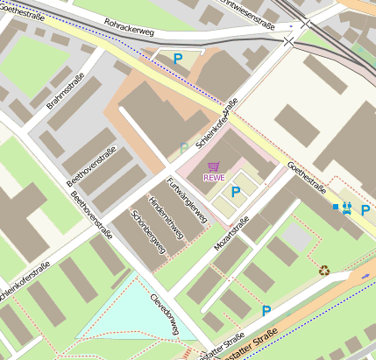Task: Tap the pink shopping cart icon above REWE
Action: coord(213,166)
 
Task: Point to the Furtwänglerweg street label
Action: coord(187,201)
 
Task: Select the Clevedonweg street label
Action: coord(163,310)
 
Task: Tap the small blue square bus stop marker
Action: coord(336,207)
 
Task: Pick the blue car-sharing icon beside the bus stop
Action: coord(348,208)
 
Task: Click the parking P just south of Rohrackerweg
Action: coord(178,59)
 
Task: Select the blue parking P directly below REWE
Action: coord(235,191)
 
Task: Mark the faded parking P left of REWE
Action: coord(184,148)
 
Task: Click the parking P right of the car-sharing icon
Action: coord(365,209)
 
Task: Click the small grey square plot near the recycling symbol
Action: coord(298,236)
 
